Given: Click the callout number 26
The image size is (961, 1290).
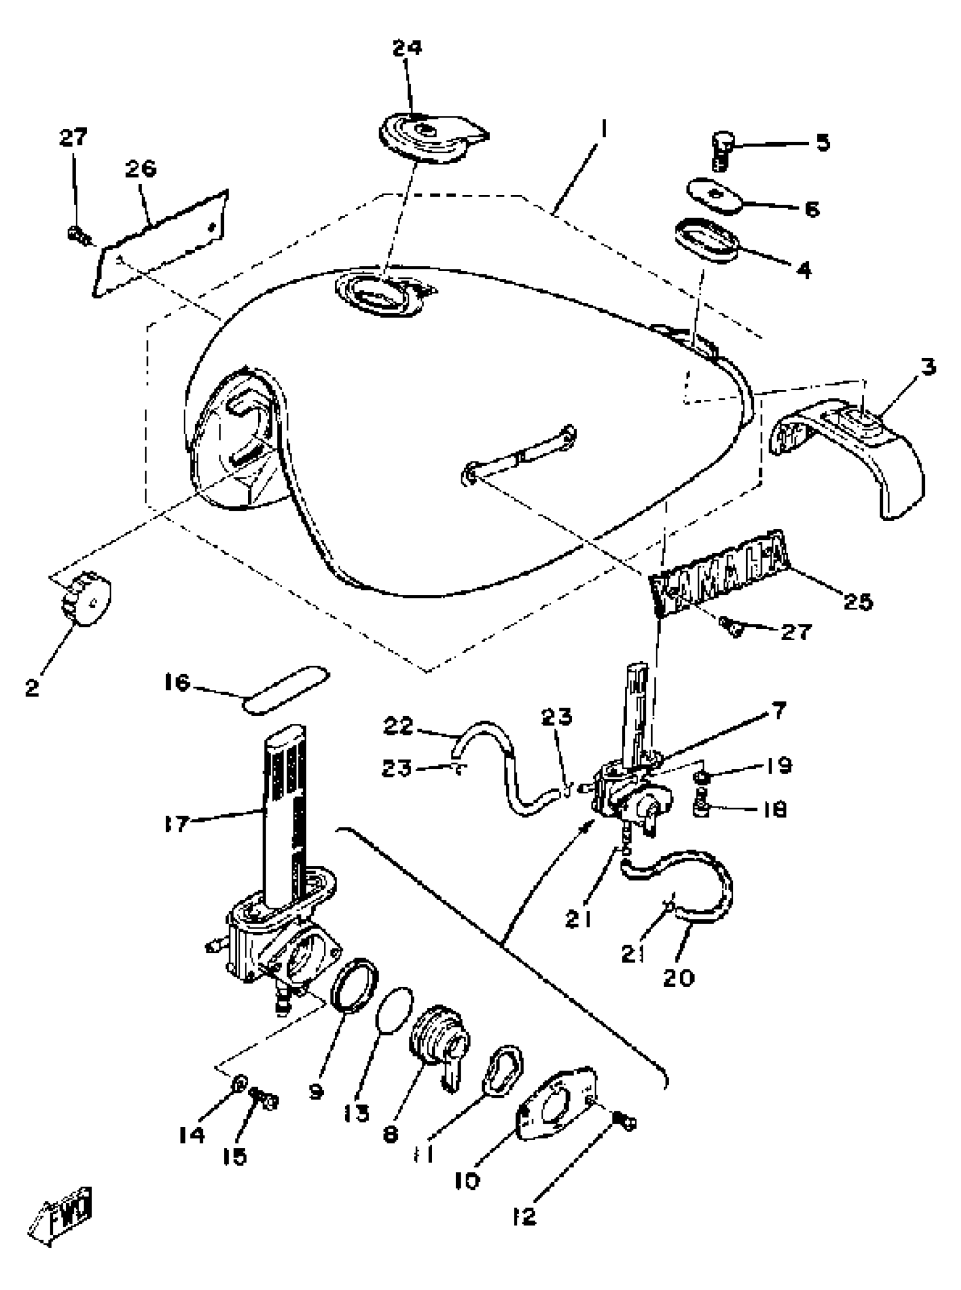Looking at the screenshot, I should click(141, 169).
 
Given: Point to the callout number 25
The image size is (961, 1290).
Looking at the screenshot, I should click(858, 602).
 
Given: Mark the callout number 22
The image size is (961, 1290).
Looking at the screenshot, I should click(398, 726).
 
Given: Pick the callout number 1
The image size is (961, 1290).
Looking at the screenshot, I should click(604, 129).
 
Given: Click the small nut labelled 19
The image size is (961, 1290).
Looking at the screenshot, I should click(702, 778).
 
